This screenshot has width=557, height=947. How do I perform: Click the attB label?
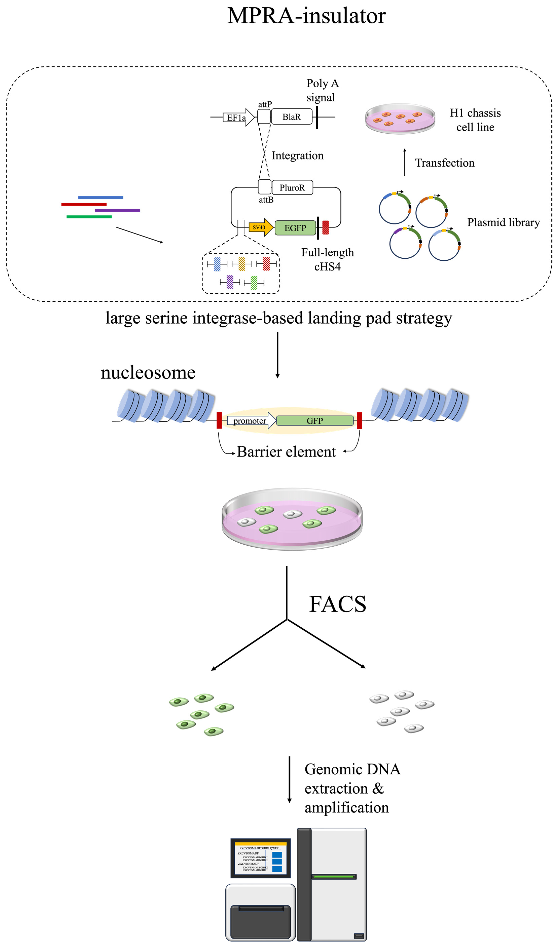pyautogui.click(x=266, y=200)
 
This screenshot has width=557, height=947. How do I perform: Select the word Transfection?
pyautogui.click(x=445, y=163)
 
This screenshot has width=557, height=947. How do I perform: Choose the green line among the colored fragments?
pyautogui.click(x=89, y=217)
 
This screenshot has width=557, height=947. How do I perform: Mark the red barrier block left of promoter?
pyautogui.click(x=219, y=420)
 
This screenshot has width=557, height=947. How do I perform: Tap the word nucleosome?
pyautogui.click(x=148, y=372)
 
